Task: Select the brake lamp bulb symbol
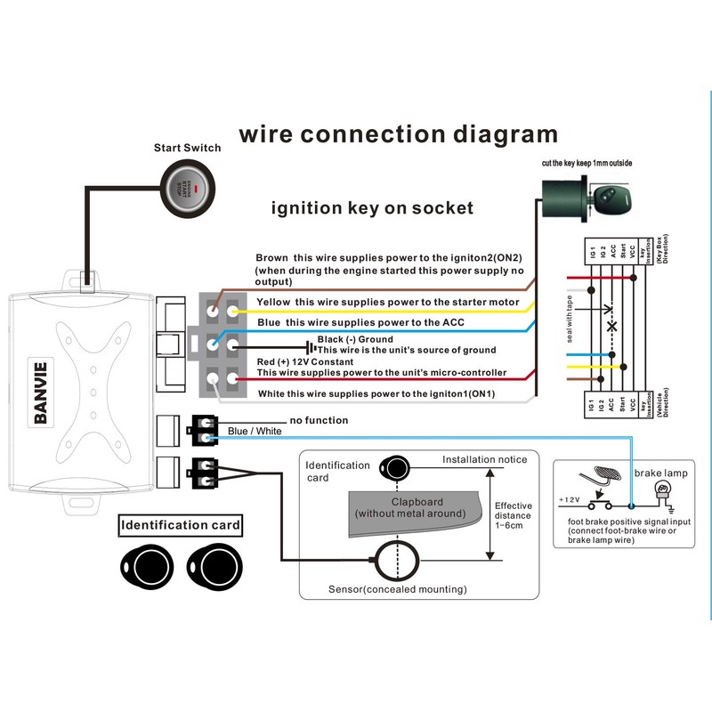660,491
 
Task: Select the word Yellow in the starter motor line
275,303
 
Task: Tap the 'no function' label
319,420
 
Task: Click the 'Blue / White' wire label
255,432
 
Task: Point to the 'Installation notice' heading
485,460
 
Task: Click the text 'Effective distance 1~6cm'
513,516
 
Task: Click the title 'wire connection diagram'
398,134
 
